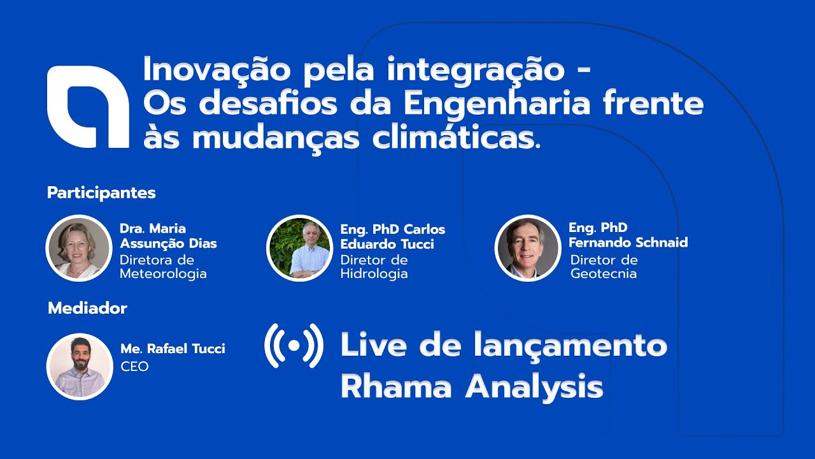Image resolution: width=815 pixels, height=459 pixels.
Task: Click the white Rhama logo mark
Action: pos(87,106)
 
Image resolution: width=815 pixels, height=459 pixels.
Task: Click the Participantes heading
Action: pos(101,193)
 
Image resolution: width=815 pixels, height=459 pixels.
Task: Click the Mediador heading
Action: pos(87,309)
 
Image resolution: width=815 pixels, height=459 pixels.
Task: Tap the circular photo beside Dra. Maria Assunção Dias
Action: pos(79,248)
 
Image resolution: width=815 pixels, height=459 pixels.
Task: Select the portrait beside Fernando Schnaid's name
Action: pos(527,248)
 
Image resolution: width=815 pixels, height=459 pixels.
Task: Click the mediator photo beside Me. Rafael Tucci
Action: pos(80,367)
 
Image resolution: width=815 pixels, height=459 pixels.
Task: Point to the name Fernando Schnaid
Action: pos(628,242)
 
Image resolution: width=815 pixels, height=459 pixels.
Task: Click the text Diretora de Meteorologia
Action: pos(163,267)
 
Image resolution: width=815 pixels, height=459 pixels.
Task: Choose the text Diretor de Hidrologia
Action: pos(374,267)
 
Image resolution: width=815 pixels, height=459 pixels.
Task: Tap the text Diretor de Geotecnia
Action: pos(604,267)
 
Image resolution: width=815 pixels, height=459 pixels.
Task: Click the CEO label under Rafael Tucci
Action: pos(134,367)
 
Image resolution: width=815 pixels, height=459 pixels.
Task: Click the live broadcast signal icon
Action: pos(294,346)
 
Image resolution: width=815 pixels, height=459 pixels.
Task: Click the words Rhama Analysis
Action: pos(471,386)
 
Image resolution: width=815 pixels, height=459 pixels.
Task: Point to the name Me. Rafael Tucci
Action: pos(173,349)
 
